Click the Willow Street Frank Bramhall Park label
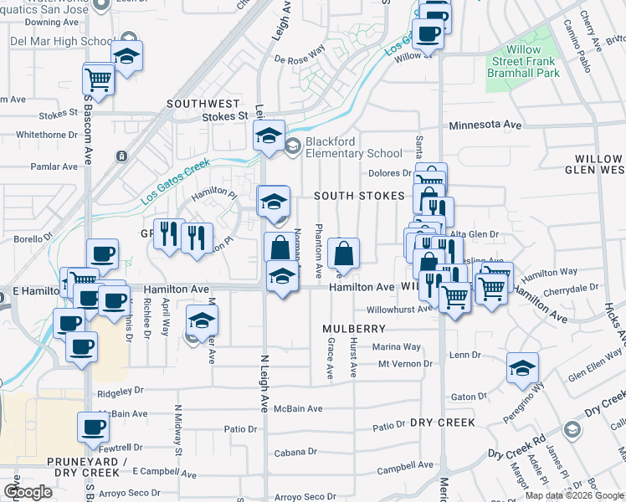click(524, 61)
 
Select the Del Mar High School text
click(61, 41)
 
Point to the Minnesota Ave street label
click(485, 125)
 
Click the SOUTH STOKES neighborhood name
click(359, 196)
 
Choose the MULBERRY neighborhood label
click(353, 329)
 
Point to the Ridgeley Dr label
click(121, 390)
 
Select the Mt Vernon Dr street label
click(405, 364)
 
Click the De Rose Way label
click(299, 59)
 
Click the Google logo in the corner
click(28, 492)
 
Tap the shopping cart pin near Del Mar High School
click(99, 79)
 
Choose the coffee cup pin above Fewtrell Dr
click(93, 427)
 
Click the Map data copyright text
click(573, 495)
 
